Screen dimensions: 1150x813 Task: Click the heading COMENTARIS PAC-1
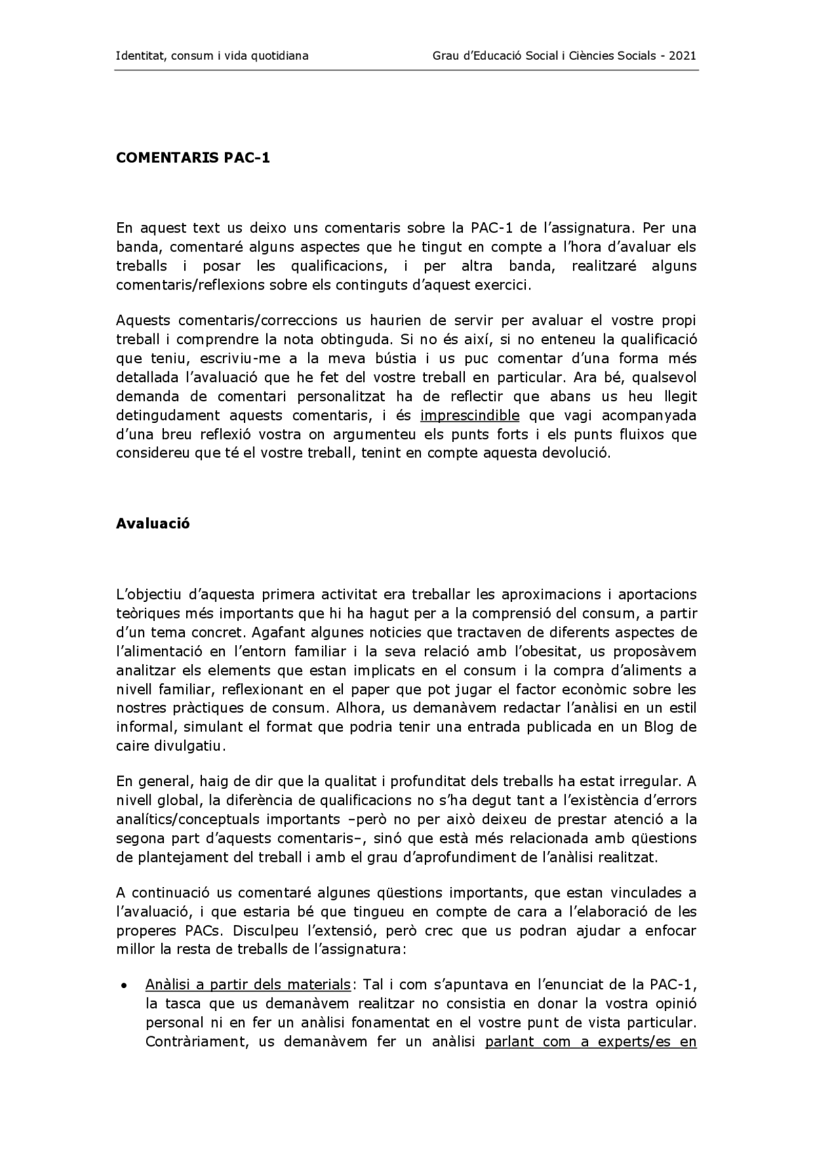coord(192,158)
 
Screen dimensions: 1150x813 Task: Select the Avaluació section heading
coord(152,524)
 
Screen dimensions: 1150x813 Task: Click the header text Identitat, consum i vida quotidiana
coord(212,55)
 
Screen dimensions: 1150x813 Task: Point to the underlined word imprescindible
coord(469,416)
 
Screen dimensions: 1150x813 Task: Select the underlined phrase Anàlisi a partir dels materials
coord(248,985)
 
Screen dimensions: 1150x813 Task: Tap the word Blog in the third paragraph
coord(658,727)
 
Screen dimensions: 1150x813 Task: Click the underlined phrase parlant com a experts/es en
coord(591,1042)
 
